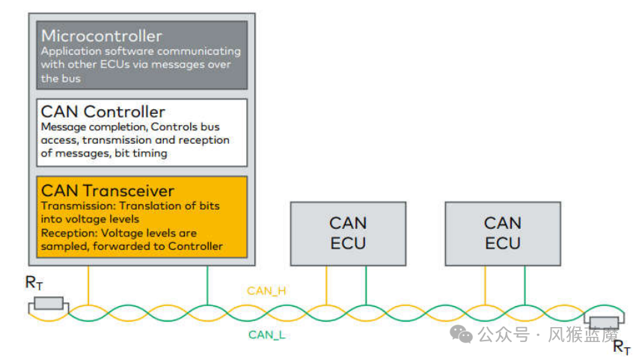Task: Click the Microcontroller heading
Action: pyautogui.click(x=101, y=36)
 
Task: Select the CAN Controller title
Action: pyautogui.click(x=103, y=112)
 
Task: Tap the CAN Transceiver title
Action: pyautogui.click(x=108, y=191)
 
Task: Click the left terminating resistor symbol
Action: pyautogui.click(x=48, y=303)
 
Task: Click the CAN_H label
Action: pyautogui.click(x=266, y=290)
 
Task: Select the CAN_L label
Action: pyautogui.click(x=266, y=335)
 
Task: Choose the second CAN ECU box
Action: pyautogui.click(x=502, y=232)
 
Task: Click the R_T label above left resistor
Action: pyautogui.click(x=34, y=283)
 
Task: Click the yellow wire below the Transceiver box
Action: pyautogui.click(x=89, y=284)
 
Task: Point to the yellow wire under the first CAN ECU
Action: pyautogui.click(x=327, y=284)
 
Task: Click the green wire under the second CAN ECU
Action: pyautogui.click(x=525, y=284)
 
